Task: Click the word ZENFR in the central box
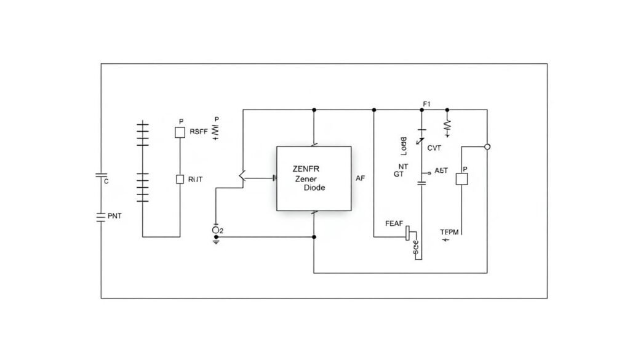tap(306, 168)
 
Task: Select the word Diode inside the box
tap(314, 188)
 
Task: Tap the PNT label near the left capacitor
tap(114, 216)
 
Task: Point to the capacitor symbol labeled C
tap(102, 176)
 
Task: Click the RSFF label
tap(198, 131)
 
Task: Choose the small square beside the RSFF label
tap(180, 132)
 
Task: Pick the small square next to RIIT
tap(180, 179)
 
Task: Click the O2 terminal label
tap(217, 230)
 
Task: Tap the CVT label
tap(434, 148)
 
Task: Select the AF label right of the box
tap(361, 178)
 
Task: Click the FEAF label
tap(394, 223)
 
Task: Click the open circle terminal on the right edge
tap(487, 146)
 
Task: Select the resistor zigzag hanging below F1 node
tap(447, 126)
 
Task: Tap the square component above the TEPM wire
tap(461, 178)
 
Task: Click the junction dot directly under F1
tap(422, 110)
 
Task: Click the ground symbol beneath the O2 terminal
tap(216, 241)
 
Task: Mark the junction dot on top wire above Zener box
tap(314, 110)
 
